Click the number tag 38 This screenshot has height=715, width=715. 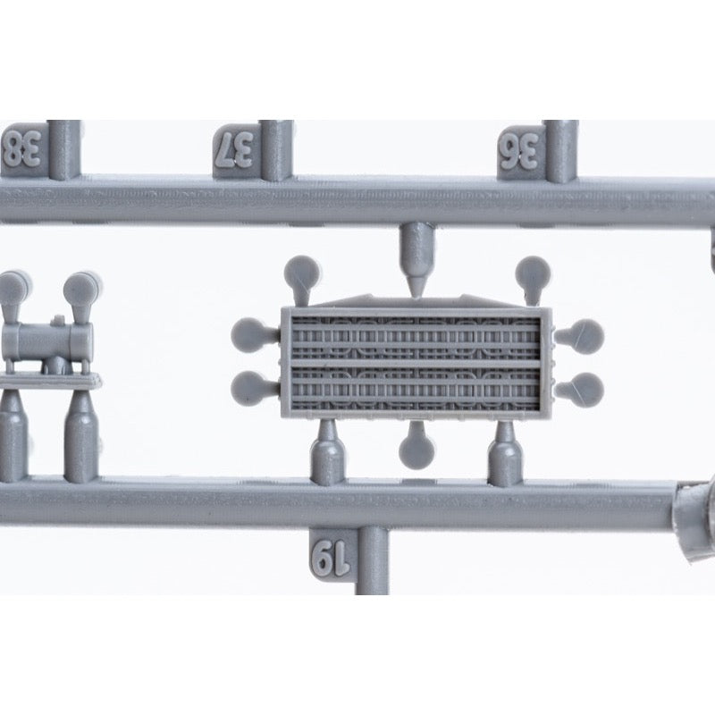(x=23, y=149)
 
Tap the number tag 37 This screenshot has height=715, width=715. (x=237, y=150)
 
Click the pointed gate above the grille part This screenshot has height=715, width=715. (x=416, y=259)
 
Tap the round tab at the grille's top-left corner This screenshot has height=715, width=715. (x=302, y=279)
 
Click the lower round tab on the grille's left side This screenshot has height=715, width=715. (x=254, y=390)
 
